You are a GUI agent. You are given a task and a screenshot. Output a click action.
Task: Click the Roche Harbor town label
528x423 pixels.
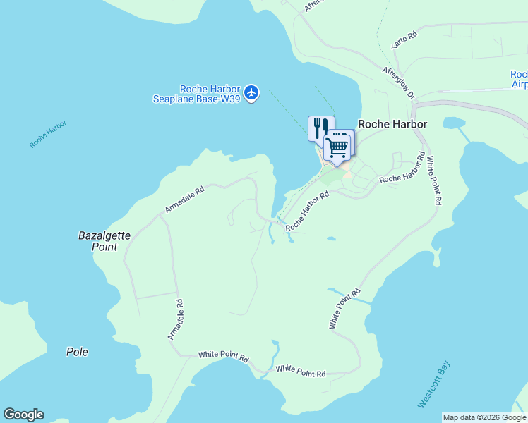(x=392, y=124)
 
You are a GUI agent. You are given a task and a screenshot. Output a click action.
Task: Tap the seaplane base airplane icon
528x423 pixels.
(x=252, y=92)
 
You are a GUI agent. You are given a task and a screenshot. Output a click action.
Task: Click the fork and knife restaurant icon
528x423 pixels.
(x=320, y=127)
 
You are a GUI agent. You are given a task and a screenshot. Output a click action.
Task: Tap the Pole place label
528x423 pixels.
(x=77, y=352)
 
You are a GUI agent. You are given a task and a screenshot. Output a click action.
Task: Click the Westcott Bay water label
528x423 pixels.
(x=434, y=384)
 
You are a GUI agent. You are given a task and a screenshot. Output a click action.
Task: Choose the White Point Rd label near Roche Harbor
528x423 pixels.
(x=433, y=180)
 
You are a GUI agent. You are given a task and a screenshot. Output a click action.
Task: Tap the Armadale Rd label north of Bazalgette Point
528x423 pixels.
(x=184, y=200)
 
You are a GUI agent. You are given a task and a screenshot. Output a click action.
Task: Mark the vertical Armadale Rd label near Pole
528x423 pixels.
(x=175, y=319)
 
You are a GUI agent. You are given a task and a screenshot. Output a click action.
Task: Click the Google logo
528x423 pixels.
(x=23, y=415)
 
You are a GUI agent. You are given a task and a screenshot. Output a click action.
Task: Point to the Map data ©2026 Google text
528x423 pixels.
(x=485, y=417)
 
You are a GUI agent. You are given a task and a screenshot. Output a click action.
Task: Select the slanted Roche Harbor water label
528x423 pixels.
(x=48, y=134)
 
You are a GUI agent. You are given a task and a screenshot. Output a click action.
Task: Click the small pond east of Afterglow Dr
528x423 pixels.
(x=451, y=123)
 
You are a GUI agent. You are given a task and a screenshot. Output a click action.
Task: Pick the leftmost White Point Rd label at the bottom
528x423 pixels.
(x=224, y=357)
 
